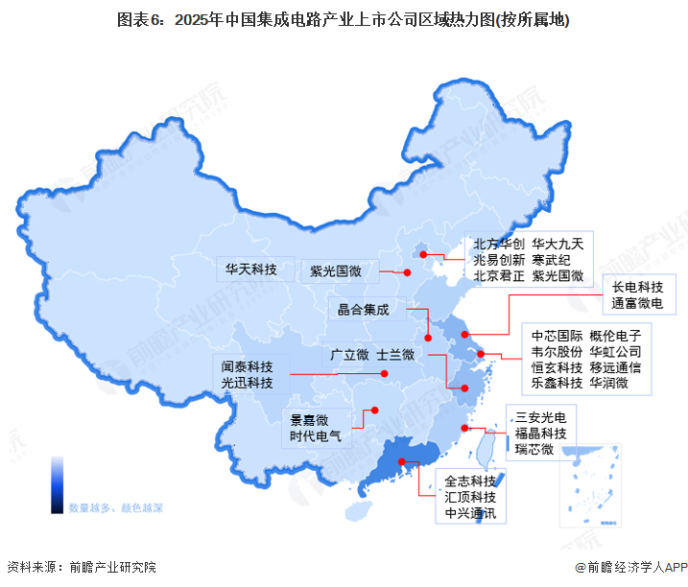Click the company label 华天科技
[x=250, y=270]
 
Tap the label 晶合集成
[x=364, y=310]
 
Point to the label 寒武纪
[x=552, y=258]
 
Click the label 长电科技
[x=638, y=287]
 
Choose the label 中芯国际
[x=558, y=336]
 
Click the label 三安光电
[x=541, y=417]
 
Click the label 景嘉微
[x=309, y=419]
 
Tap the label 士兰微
[x=395, y=355]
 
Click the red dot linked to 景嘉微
[x=374, y=411]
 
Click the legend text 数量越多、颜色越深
[x=116, y=506]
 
